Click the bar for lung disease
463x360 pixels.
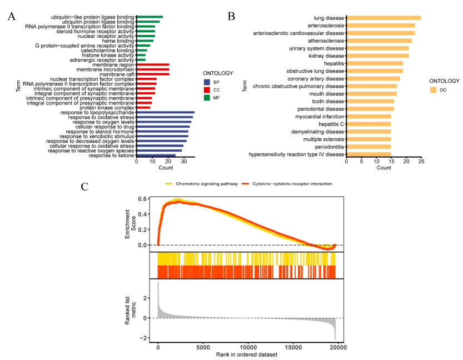point(384,18)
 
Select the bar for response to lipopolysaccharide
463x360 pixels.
point(165,113)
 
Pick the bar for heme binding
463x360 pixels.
point(145,41)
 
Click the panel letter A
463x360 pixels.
point(11,16)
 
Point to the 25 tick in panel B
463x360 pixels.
point(421,162)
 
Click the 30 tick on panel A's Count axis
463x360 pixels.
point(184,162)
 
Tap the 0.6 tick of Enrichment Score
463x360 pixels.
point(145,199)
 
